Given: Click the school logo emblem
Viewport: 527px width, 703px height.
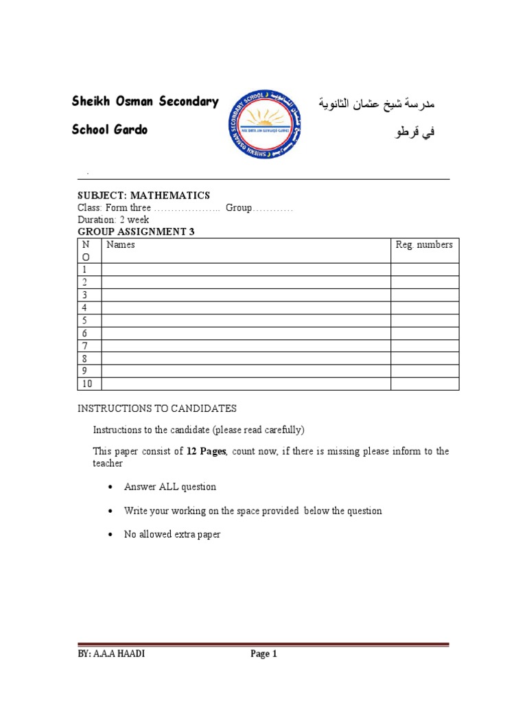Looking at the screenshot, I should click(263, 124).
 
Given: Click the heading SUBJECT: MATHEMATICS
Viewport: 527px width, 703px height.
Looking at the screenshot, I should click(143, 196).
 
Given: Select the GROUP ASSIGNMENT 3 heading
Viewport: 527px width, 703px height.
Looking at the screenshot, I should click(136, 232).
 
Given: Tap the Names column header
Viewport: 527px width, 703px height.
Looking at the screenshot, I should click(121, 245).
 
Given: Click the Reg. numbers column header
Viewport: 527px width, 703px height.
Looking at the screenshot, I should click(424, 245).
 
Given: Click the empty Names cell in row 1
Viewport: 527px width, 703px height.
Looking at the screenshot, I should click(246, 270).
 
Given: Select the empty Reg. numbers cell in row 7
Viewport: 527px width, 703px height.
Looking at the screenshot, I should click(425, 345).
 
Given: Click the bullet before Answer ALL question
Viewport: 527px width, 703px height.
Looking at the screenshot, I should click(110, 487).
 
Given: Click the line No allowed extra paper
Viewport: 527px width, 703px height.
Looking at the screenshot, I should click(172, 534).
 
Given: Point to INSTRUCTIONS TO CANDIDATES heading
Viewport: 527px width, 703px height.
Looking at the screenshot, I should click(156, 408).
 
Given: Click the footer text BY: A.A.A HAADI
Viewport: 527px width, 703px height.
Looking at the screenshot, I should click(111, 654).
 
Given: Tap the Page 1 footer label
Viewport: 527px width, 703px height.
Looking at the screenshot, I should click(263, 654).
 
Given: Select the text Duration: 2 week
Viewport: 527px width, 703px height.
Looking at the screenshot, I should click(113, 220).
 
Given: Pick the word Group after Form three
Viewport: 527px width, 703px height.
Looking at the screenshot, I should click(239, 208).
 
